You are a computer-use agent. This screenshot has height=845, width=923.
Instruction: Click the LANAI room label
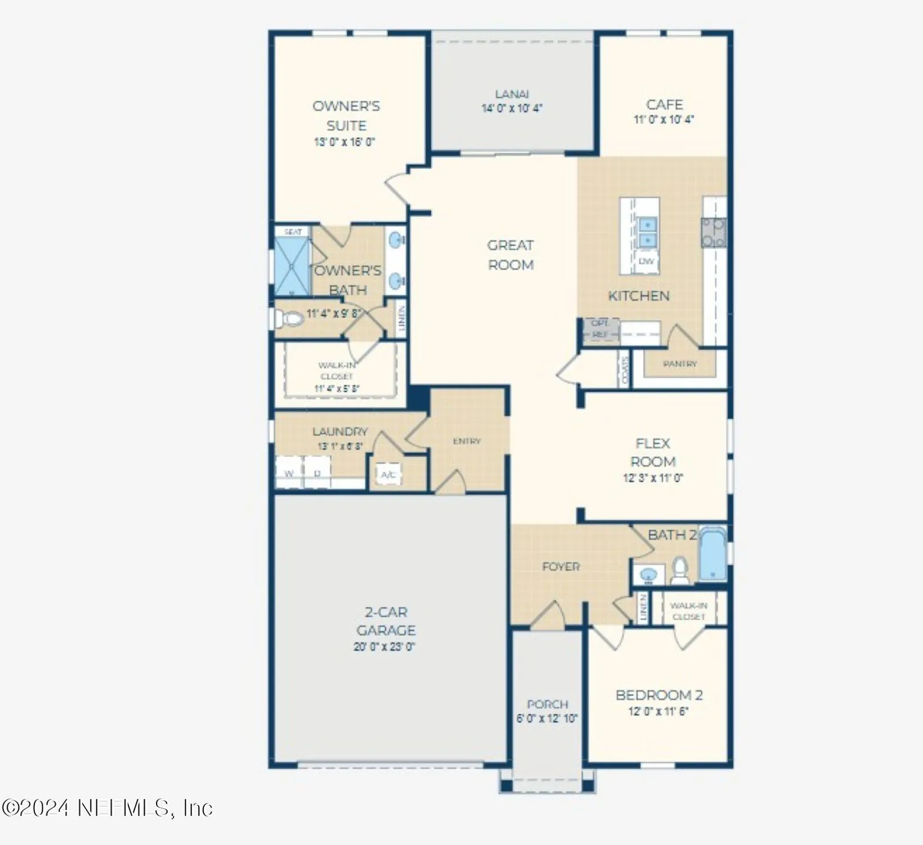512,94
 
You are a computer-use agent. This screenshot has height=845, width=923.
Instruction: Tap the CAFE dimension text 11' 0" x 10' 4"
664,119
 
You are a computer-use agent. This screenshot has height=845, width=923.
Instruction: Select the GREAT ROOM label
510,255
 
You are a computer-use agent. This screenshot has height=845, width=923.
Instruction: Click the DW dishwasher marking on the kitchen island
646,261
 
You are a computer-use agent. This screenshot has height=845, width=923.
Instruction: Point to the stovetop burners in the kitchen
713,233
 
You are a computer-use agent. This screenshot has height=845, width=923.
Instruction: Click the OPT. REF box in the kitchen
600,329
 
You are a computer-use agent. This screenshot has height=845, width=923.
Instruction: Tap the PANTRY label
680,364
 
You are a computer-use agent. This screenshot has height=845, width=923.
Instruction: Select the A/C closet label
388,475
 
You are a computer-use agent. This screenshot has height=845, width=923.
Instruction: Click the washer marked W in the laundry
289,473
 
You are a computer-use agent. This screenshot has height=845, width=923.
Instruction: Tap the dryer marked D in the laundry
317,473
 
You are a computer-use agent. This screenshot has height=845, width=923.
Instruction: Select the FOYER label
560,567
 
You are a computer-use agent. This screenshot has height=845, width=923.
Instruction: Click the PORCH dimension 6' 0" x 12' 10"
547,719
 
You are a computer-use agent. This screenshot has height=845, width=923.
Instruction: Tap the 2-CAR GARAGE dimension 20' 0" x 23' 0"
384,647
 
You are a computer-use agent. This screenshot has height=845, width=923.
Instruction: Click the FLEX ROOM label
653,452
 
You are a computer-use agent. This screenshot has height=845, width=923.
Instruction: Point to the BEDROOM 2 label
659,695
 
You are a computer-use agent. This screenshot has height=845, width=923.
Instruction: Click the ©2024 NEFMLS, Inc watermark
107,808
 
